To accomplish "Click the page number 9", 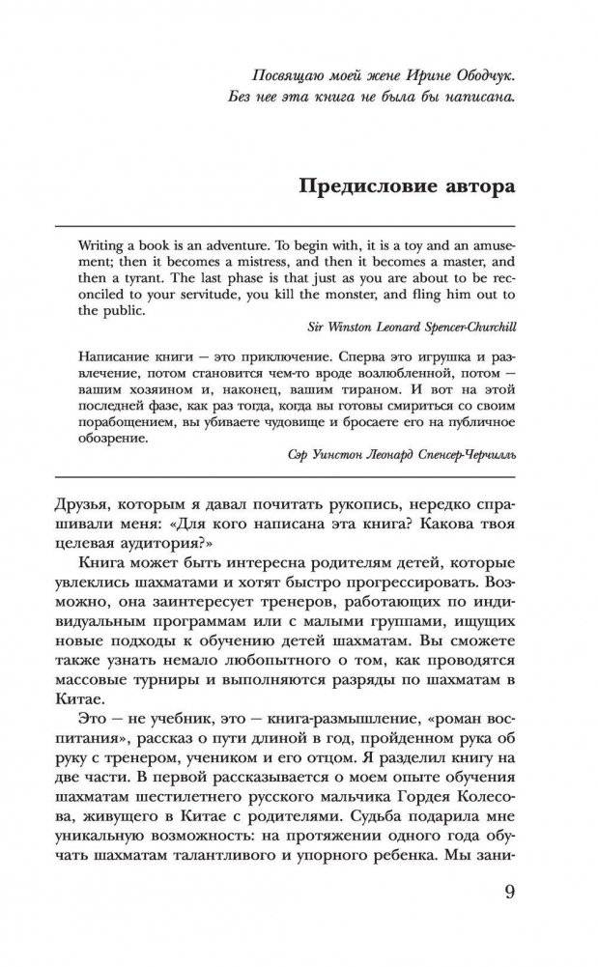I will pos(511,918).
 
